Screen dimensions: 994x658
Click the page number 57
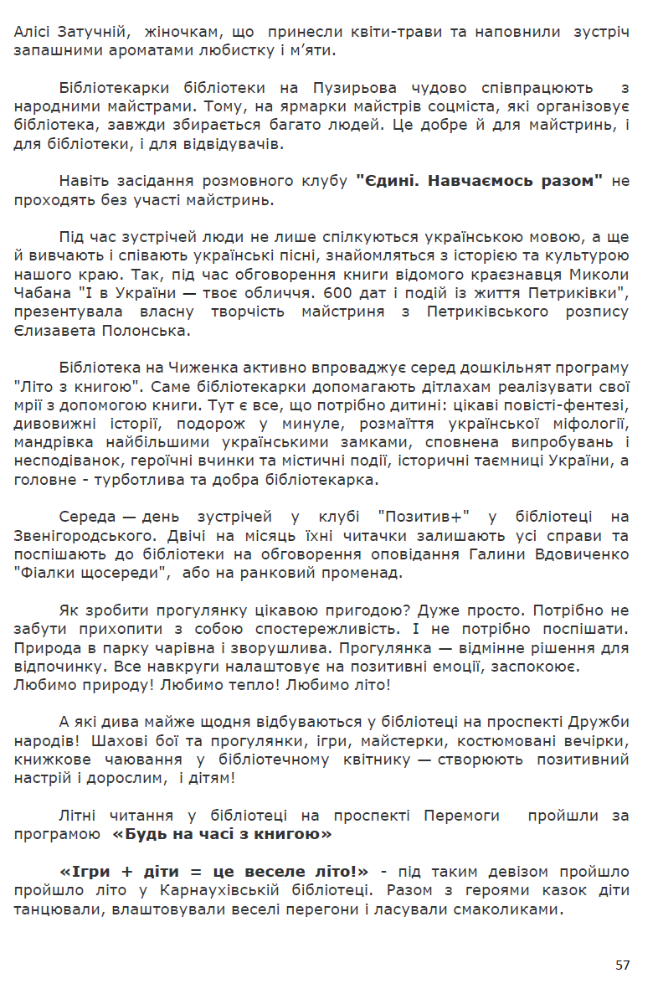(622, 966)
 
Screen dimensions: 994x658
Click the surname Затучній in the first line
(93, 32)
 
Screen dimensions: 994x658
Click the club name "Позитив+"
(423, 517)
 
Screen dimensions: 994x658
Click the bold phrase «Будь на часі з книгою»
(222, 835)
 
